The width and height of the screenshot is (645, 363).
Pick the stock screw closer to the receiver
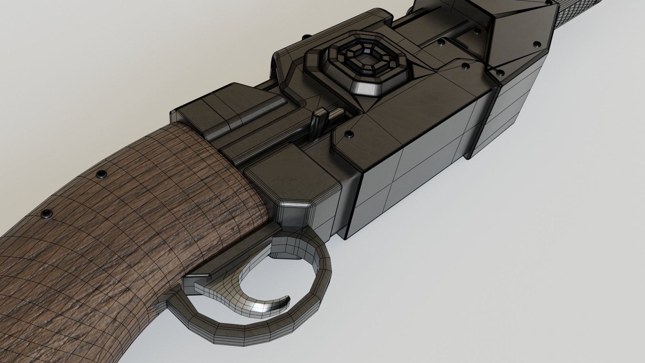pos(101,174)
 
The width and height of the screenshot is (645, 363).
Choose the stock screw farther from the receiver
pos(45,213)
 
